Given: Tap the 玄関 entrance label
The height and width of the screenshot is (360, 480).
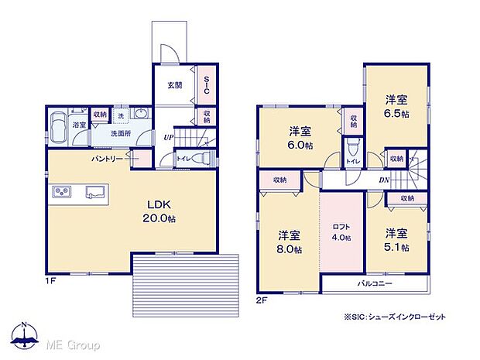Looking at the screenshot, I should tap(174, 84).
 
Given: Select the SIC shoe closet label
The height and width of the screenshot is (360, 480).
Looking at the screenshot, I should tap(207, 84).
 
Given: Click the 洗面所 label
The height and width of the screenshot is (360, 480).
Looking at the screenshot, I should tap(119, 134).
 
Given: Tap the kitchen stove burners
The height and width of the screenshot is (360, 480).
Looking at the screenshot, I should tap(62, 191).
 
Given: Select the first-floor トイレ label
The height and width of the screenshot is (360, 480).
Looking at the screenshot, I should tap(183, 158).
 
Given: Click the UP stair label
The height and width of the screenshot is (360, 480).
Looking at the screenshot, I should tap(168, 137).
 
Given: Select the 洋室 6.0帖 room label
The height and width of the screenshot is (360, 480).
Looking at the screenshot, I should tap(300, 138).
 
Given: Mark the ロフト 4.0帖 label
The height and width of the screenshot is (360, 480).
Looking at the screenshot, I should tap(341, 231).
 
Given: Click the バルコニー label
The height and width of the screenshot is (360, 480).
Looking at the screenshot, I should tap(374, 284).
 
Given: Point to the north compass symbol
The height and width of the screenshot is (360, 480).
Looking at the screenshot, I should tap(24, 332).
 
